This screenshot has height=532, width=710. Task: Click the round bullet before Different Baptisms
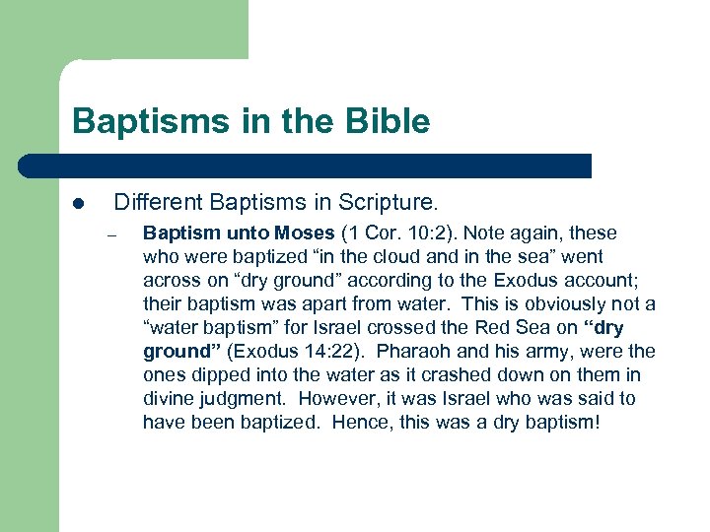point(78,205)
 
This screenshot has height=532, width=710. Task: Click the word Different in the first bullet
point(153,203)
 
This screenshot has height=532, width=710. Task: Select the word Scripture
point(388,203)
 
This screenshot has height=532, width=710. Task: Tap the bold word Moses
point(303,233)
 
